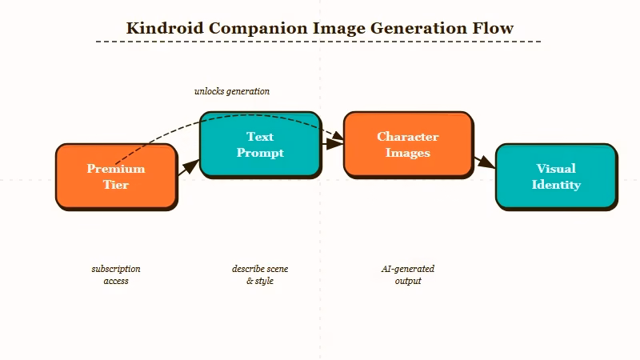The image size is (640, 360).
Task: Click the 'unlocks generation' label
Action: coord(232,91)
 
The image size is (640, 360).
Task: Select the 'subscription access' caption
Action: coord(116,275)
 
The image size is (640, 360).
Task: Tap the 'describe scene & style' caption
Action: coord(260,275)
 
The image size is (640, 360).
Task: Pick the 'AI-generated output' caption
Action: coord(408,275)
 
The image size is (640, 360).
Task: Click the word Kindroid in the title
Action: coord(165,29)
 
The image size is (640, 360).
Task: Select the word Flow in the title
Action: coord(496,29)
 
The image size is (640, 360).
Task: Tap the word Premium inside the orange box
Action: coord(116,169)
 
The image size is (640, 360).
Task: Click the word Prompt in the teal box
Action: coord(260,153)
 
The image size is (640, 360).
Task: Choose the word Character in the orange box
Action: coord(408,137)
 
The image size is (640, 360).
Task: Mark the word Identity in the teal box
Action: coord(556,185)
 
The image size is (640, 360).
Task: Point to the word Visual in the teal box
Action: coord(556,169)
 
